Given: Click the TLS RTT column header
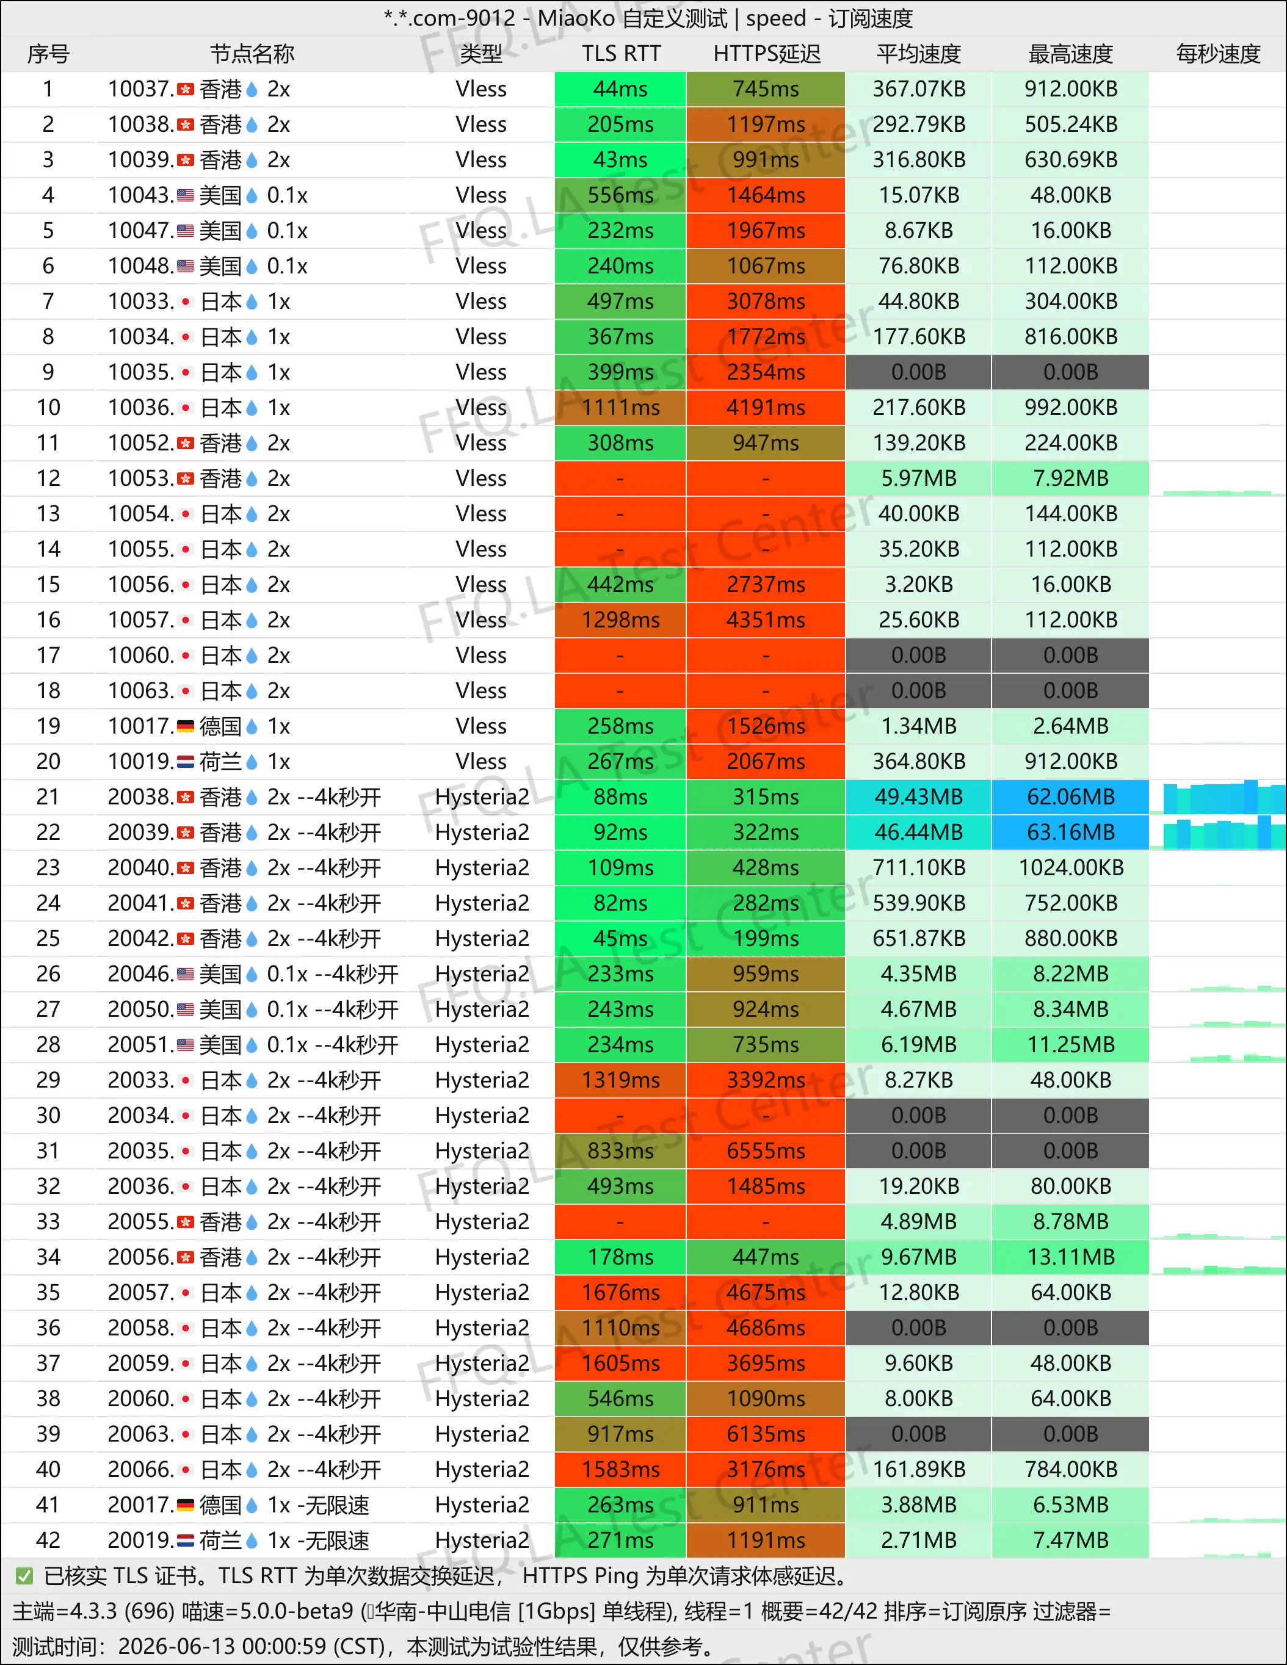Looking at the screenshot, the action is [x=621, y=54].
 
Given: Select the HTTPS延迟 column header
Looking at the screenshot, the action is [x=766, y=54].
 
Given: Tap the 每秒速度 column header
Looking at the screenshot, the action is [x=1217, y=54].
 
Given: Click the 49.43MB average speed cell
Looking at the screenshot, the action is [x=919, y=796].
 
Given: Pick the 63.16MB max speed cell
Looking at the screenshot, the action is [x=1070, y=832].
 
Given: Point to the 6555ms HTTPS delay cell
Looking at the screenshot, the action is [x=766, y=1150].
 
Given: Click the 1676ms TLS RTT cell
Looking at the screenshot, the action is [x=621, y=1292].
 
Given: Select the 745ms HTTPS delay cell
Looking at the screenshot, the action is [x=766, y=89].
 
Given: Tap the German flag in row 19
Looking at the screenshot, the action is [x=185, y=726].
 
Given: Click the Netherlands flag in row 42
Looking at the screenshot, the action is [x=185, y=1540].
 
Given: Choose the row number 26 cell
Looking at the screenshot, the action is [x=48, y=973].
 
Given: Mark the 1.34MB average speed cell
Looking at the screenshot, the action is [x=919, y=726].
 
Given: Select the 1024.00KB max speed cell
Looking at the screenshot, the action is [x=1070, y=867].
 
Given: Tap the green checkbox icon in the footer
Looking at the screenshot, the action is [x=24, y=1576].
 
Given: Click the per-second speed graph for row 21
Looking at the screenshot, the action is [x=1224, y=796].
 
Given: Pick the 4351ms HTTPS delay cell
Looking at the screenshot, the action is [x=766, y=620].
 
